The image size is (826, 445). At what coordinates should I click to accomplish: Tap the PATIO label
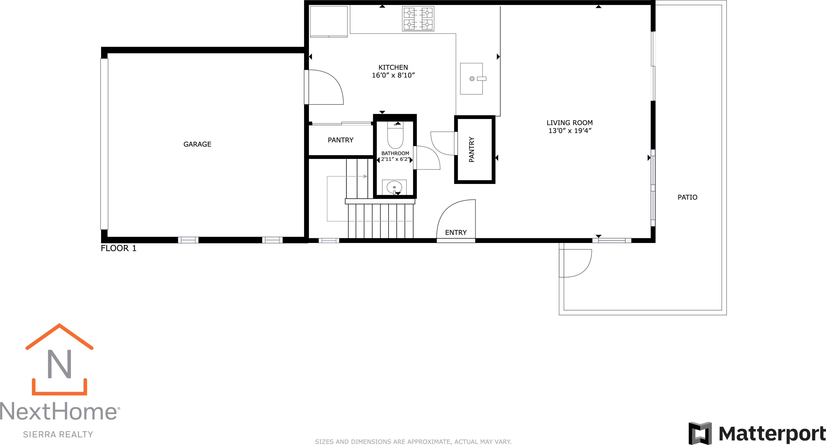click(687, 197)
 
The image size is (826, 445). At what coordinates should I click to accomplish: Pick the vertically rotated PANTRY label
click(471, 149)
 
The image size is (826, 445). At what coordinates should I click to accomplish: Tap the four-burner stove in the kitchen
click(418, 19)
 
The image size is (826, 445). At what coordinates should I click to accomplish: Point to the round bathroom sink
click(394, 187)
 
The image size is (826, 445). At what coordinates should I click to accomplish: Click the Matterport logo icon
click(700, 433)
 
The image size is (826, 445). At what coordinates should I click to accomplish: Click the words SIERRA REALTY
click(58, 434)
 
